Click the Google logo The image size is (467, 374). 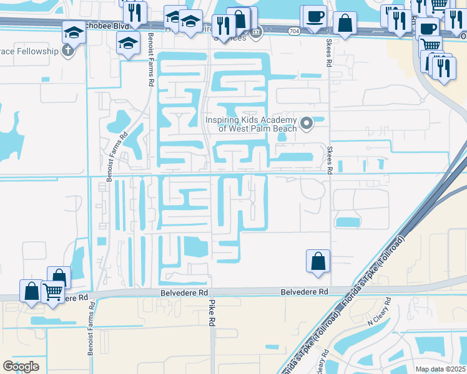(21, 366)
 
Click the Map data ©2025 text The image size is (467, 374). (441, 369)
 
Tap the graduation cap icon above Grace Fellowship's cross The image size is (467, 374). (74, 31)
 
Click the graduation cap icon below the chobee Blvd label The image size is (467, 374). (129, 42)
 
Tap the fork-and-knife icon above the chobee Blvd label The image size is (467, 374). (135, 11)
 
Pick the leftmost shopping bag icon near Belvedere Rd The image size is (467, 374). (32, 290)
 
